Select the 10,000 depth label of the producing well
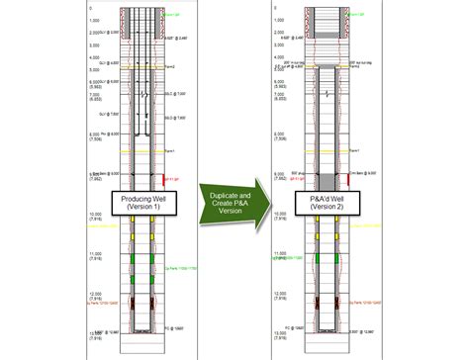click(95, 214)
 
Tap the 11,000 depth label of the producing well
click(95, 254)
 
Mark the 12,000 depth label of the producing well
click(95, 294)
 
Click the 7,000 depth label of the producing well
click(95, 96)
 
